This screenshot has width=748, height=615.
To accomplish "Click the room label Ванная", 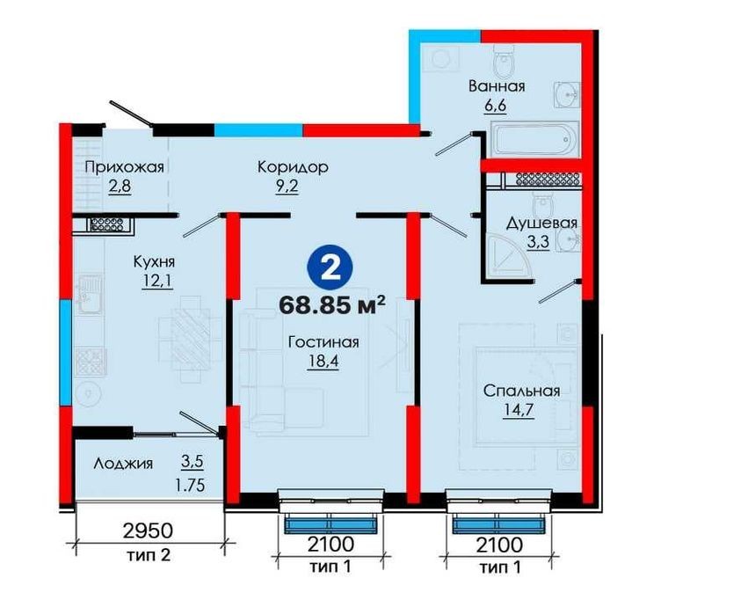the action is coord(497,86).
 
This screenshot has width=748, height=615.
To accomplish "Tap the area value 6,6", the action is coord(495,106).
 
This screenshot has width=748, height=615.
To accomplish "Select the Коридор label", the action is coord(293,167).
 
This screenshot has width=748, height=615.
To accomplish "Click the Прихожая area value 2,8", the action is coord(120,187).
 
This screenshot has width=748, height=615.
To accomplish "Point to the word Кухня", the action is coord(154,261).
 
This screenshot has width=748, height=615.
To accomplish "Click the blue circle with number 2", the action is coord(332,270).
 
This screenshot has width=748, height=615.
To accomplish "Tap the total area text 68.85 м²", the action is coord(332,304).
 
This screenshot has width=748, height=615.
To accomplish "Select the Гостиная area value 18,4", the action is coord(323,362).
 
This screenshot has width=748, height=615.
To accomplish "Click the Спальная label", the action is coord(521,391).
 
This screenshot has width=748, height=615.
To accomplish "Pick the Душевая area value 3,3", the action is coord(538,242).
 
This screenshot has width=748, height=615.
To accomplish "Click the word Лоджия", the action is coord(124,464).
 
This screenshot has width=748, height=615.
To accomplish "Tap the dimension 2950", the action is coord(148,531).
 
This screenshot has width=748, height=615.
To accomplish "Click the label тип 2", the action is coord(149,555).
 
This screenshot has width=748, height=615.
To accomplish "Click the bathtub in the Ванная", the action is coord(534,139).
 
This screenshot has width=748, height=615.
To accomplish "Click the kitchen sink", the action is coord(91,294).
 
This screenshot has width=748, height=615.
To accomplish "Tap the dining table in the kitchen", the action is coord(191,340).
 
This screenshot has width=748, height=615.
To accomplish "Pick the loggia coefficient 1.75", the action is coord(190,485).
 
